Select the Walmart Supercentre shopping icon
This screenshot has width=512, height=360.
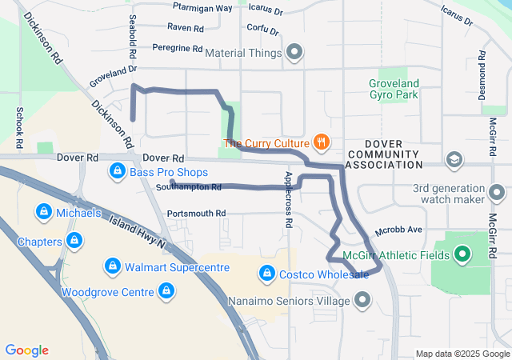click(x=113, y=267)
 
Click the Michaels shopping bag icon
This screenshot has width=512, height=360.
click(x=42, y=213)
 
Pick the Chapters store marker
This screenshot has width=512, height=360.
click(x=74, y=240)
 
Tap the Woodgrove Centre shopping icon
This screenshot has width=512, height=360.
click(x=166, y=292)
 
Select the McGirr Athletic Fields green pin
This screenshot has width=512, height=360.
click(x=462, y=256)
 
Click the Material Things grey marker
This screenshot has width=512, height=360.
click(x=294, y=54)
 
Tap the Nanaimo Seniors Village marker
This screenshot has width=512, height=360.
click(x=362, y=301)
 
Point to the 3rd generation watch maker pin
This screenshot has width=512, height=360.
click(x=497, y=193)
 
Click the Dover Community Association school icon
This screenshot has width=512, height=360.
click(x=455, y=159)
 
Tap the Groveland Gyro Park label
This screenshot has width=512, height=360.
click(x=394, y=89)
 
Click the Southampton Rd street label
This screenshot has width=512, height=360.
click(x=189, y=187)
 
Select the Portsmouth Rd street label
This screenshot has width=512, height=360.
click(x=196, y=214)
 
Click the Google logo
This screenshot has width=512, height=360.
click(x=26, y=350)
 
